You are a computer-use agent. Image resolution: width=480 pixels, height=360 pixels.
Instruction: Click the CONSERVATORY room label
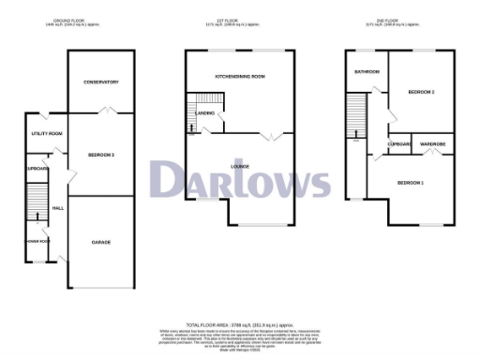[100, 82]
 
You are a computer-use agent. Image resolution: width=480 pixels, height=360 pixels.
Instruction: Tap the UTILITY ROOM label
[47, 134]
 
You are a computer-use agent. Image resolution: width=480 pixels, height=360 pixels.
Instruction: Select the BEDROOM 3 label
[100, 154]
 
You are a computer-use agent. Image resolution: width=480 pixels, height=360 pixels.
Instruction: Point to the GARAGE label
[100, 242]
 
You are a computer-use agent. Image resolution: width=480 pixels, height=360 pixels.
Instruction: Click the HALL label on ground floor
[57, 207]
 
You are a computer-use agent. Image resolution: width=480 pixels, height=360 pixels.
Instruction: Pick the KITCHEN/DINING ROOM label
[240, 76]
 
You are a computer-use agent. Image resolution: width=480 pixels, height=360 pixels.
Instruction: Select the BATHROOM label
[366, 72]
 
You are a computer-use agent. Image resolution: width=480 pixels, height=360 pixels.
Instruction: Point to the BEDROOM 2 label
[421, 92]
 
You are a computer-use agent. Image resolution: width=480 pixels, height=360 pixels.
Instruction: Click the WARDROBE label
[432, 143]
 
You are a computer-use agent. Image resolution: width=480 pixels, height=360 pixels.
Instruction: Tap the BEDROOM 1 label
[410, 181]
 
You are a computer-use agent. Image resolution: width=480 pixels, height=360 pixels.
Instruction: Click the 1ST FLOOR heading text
[239, 18]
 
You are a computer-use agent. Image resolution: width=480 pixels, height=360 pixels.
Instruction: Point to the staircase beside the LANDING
[202, 105]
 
